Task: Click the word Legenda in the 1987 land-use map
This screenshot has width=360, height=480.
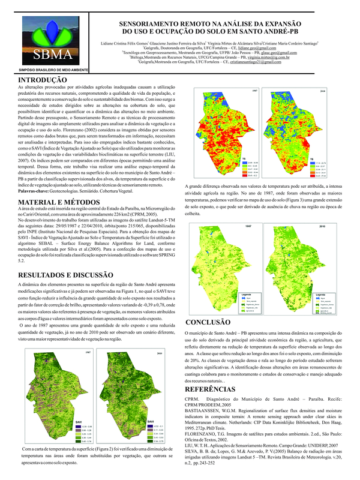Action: pyautogui.click(x=246, y=295)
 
